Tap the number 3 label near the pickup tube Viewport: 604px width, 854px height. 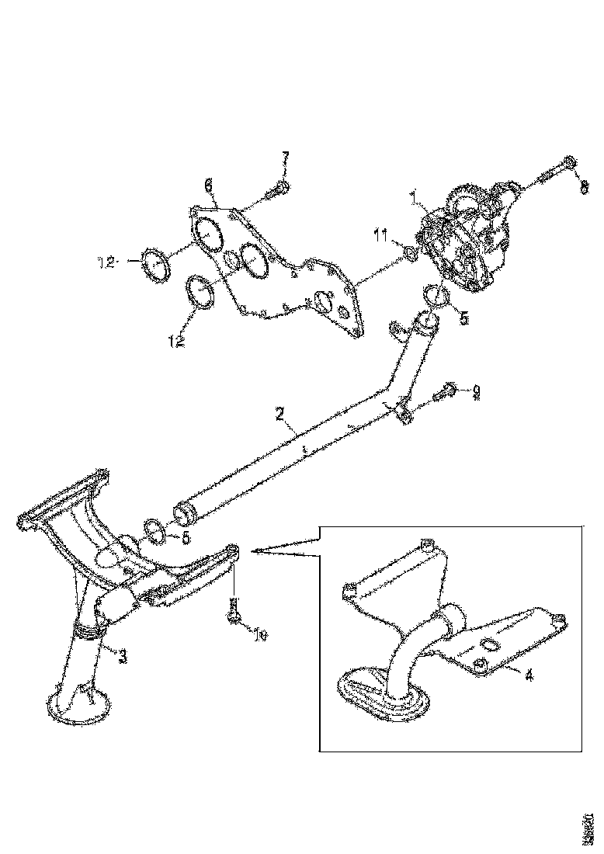123,656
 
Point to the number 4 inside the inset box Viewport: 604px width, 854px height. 529,675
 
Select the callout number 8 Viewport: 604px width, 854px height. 585,186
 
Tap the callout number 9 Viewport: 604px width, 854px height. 477,394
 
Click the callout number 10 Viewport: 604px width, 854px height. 262,636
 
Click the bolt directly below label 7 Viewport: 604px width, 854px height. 279,189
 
